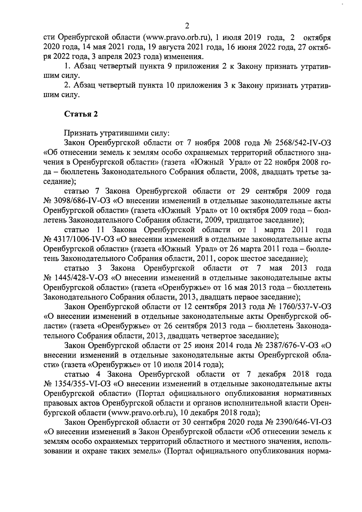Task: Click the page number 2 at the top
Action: point(187,26)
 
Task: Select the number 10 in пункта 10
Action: point(171,86)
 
